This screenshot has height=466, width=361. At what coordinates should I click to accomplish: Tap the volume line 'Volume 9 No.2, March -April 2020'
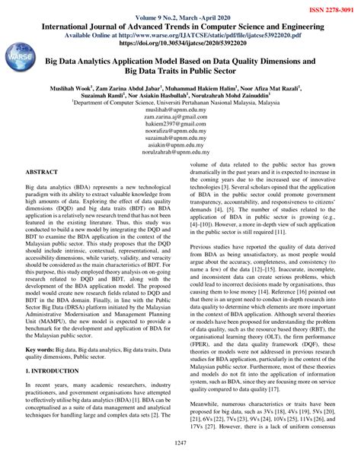click(180, 17)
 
